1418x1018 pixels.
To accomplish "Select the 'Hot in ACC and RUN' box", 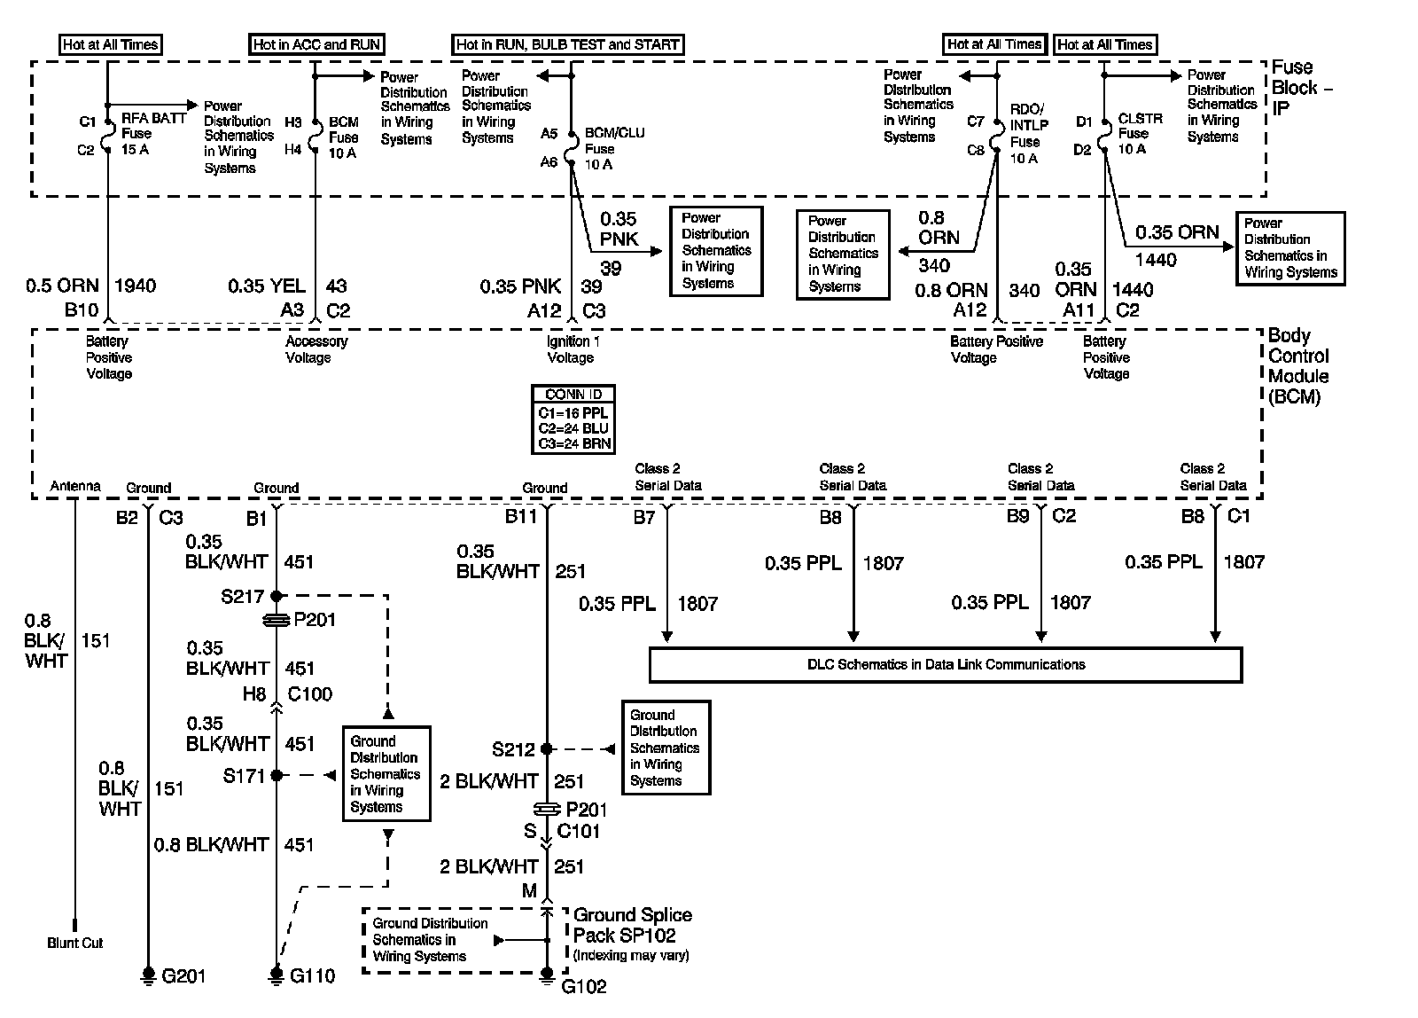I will click(317, 44).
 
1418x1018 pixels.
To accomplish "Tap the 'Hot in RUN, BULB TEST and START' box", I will click(568, 44).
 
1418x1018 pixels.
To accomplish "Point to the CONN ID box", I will click(573, 419).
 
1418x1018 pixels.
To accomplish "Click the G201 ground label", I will click(183, 976).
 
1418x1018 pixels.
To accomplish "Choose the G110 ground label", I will click(312, 976).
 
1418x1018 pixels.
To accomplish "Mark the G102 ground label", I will click(584, 986).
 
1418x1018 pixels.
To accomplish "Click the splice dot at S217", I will click(277, 596).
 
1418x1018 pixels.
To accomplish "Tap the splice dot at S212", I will click(547, 749).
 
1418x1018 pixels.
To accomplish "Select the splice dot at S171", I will click(277, 775).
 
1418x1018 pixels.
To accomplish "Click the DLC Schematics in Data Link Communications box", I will click(946, 664).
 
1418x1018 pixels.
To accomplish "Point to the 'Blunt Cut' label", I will click(75, 943).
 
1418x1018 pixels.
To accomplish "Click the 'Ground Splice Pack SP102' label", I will click(633, 925).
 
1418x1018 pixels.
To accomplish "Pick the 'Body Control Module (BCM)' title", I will click(1298, 366).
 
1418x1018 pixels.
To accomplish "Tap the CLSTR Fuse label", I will click(1140, 134).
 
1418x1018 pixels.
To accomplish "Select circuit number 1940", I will click(135, 286).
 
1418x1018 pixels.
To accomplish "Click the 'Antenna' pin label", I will click(75, 486).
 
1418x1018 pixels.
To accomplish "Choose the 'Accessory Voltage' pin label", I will click(316, 349).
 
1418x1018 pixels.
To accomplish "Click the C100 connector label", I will click(310, 694).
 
